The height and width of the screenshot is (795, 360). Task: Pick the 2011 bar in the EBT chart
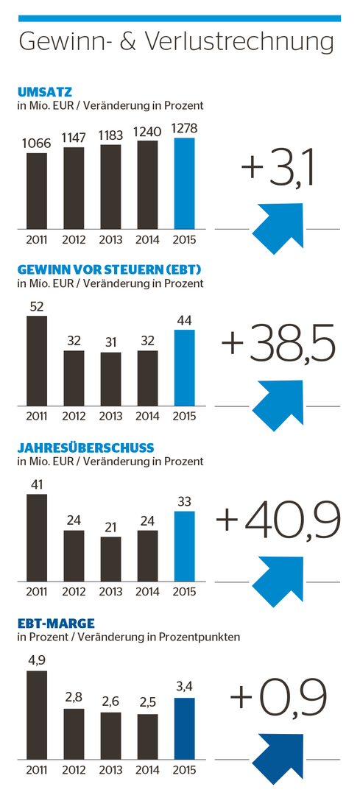point(37,361)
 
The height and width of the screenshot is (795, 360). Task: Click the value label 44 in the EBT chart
point(184,321)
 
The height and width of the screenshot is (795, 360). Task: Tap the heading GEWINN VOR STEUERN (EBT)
point(99,269)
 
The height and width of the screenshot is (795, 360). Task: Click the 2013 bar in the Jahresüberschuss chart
point(110,559)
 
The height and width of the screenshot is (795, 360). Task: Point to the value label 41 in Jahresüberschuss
point(37,484)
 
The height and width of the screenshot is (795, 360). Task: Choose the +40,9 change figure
point(278,520)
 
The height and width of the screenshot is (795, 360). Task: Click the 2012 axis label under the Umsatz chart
point(74,239)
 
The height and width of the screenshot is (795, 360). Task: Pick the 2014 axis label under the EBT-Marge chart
point(147,771)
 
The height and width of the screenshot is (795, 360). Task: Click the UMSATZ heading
point(46,92)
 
